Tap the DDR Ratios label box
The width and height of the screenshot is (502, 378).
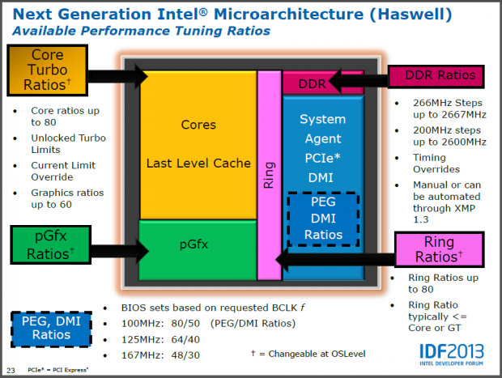[x=436, y=77]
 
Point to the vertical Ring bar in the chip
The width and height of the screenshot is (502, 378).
[x=269, y=175]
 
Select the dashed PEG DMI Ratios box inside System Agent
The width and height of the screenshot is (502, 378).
[x=322, y=219]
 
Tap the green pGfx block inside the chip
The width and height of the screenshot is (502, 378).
[x=198, y=243]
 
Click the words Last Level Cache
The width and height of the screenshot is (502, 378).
[x=198, y=163]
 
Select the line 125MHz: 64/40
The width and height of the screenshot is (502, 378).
[x=154, y=339]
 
